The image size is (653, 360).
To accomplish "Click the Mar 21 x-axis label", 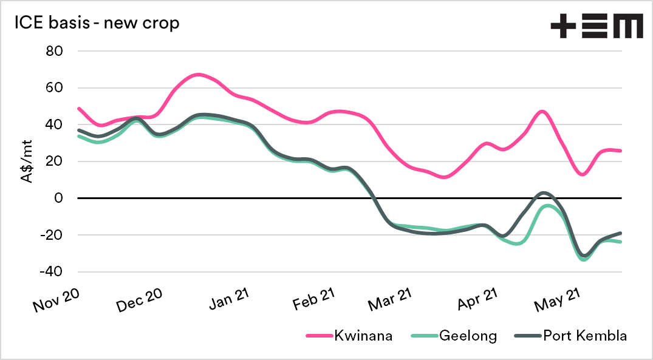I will coord(390,298).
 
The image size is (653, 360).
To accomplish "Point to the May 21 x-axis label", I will coord(556,298).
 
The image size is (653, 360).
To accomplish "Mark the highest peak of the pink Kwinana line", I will coord(199,75).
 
